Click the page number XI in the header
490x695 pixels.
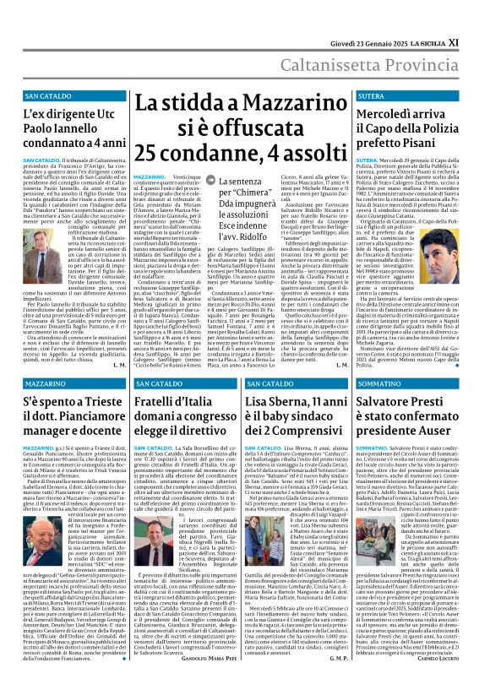click(x=478, y=16)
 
